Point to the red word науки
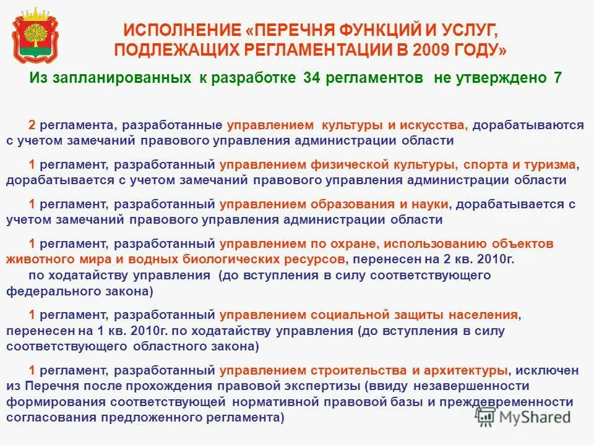pos(433,204)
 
